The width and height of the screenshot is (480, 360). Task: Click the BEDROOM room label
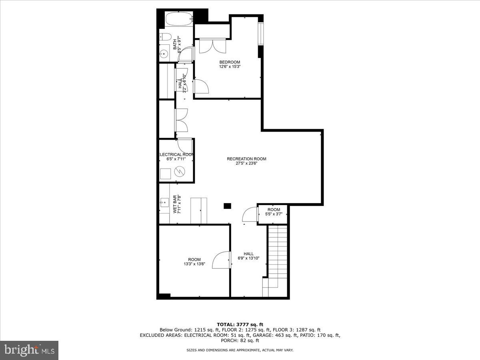click(x=230, y=62)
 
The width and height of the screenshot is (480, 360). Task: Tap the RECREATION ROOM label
click(x=246, y=159)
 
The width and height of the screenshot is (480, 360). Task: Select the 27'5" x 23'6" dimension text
click(x=246, y=163)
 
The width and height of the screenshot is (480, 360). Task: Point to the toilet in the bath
click(x=164, y=37)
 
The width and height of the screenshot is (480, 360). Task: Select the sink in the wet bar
click(x=164, y=203)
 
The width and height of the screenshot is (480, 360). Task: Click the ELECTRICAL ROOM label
click(x=176, y=154)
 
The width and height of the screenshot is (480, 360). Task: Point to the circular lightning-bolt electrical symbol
click(x=180, y=172)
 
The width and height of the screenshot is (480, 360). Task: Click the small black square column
click(x=227, y=206)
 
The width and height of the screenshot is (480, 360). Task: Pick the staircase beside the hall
click(x=278, y=252)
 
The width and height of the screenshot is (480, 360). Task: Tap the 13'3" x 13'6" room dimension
click(x=194, y=264)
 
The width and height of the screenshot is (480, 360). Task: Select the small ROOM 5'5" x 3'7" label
click(x=274, y=212)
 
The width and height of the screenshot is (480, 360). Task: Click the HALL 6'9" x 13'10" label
click(x=248, y=256)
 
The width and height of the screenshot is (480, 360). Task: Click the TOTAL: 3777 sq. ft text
click(x=240, y=324)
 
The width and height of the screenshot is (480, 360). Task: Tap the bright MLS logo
click(x=29, y=350)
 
